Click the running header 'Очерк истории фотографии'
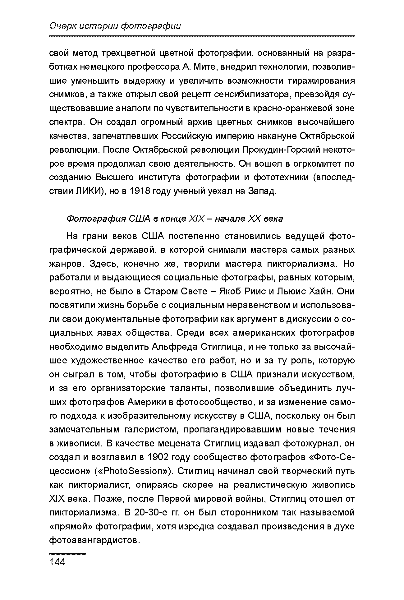click(115, 26)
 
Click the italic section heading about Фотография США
click(175, 219)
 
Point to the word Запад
click(262, 191)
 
